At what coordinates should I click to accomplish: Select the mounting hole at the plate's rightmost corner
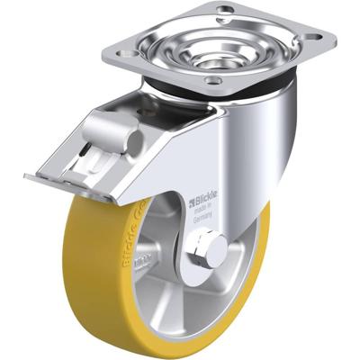pyautogui.click(x=315, y=40)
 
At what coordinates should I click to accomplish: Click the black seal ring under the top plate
pyautogui.click(x=270, y=83)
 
